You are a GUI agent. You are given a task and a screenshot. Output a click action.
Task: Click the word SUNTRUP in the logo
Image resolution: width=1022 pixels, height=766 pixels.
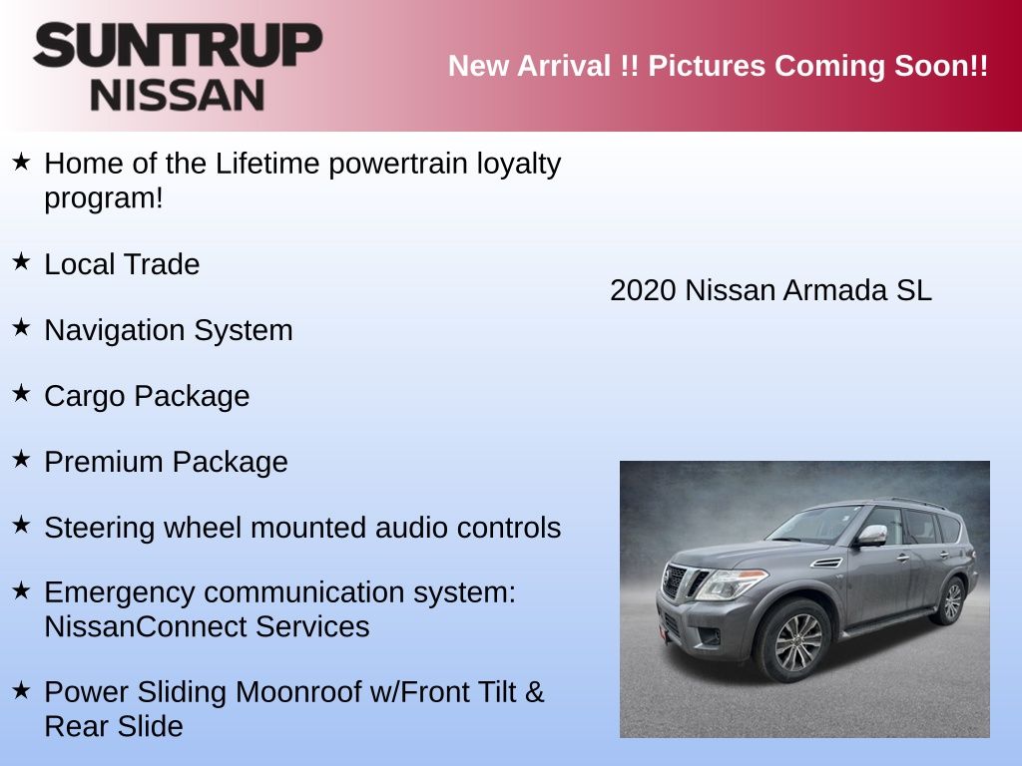pos(178,45)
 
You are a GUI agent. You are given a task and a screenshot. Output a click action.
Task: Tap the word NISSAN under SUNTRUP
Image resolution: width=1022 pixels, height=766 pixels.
pos(178,96)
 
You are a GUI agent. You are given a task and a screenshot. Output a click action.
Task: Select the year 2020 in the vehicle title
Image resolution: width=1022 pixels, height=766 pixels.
pos(643,290)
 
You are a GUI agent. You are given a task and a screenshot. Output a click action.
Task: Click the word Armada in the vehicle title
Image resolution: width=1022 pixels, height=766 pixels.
pos(835,290)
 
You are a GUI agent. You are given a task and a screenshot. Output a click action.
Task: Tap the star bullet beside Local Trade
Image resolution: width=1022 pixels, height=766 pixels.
pos(21,262)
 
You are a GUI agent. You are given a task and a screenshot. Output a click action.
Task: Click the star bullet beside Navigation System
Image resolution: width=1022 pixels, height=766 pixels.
pos(21,327)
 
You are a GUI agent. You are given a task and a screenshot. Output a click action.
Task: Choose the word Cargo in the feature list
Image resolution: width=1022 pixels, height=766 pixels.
pos(84,397)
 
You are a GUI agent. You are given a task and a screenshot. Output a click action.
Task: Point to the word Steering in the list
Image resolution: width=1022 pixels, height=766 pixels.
pos(99,529)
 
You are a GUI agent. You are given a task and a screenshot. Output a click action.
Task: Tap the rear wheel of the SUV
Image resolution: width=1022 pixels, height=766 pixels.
pos(951,601)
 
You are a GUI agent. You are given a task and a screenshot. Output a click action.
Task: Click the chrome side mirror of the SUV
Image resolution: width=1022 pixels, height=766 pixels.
pos(870,536)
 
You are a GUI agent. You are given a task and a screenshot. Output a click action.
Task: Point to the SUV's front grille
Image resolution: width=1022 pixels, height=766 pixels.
pos(680,581)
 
